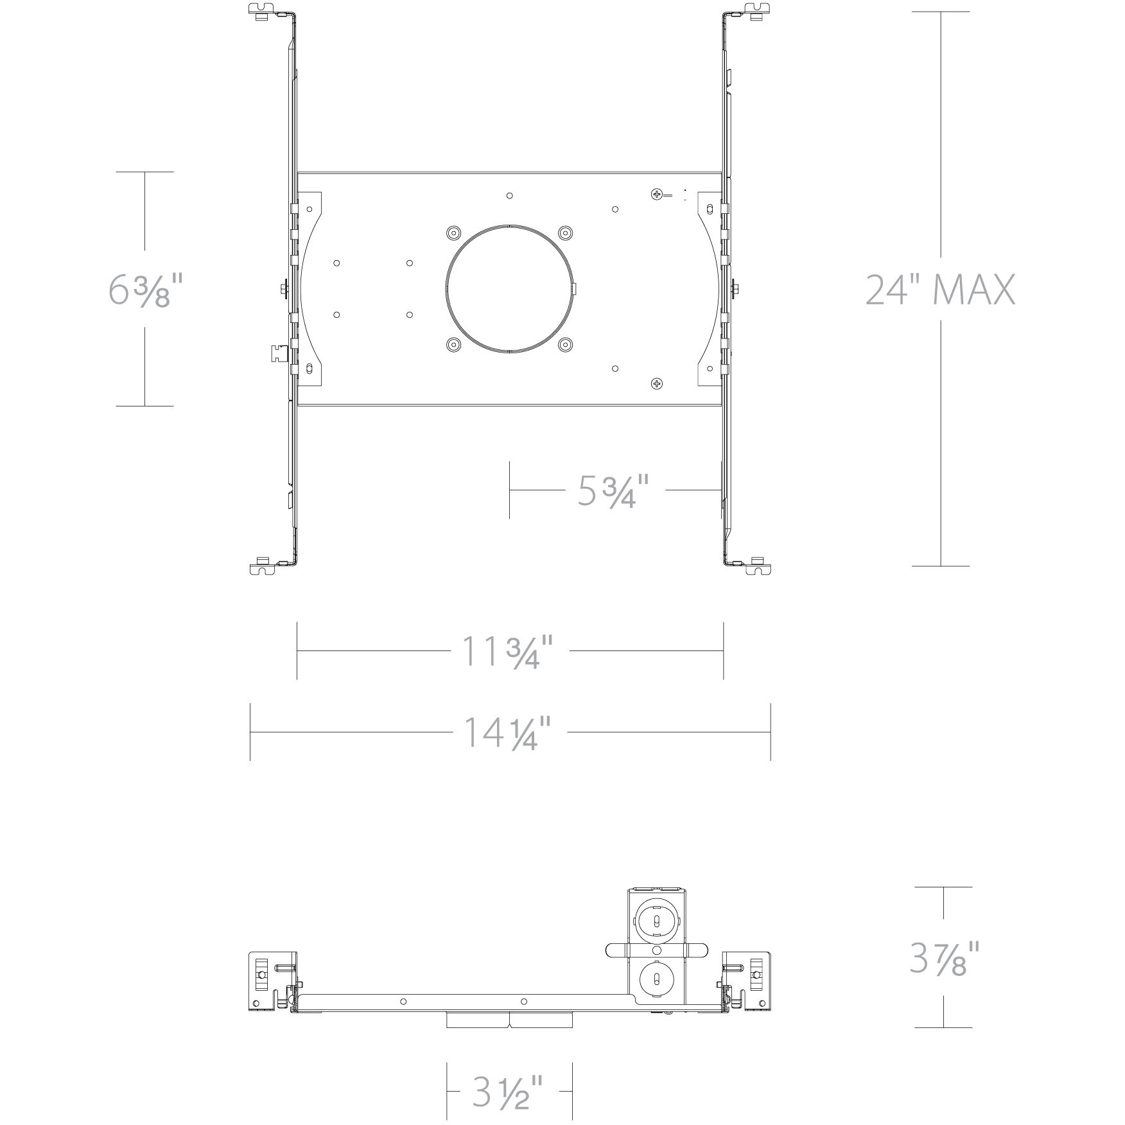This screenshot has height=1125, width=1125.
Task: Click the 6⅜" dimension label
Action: [144, 290]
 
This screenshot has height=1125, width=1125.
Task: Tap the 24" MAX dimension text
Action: [940, 290]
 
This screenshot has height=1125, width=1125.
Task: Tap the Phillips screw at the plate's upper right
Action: [656, 193]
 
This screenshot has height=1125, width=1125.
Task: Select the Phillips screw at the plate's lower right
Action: [656, 383]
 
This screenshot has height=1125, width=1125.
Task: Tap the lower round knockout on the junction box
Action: [656, 980]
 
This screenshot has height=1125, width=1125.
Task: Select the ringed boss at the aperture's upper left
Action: [453, 232]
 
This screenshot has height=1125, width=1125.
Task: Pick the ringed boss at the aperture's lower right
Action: [565, 345]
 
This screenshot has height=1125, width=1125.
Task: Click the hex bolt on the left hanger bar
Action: [284, 290]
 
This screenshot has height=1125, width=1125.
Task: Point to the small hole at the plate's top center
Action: [509, 195]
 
